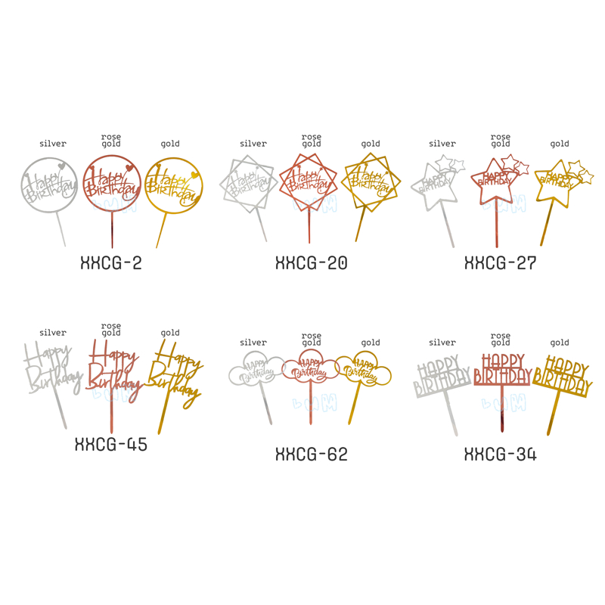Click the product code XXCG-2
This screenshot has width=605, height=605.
[x=111, y=263]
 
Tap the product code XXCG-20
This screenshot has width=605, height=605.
[x=311, y=263]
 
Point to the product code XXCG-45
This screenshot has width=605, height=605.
[x=111, y=445]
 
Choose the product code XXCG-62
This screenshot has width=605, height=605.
[x=311, y=454]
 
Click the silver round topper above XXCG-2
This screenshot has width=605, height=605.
[x=48, y=186]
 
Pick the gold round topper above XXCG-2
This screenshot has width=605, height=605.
[x=173, y=185]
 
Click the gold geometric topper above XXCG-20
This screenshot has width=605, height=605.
[x=369, y=181]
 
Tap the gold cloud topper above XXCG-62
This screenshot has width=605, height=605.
[x=365, y=369]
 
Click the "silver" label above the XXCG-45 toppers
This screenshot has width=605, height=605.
[x=53, y=333]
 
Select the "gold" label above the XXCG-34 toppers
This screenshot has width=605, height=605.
[x=560, y=343]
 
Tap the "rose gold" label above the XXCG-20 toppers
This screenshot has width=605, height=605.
[x=312, y=140]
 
